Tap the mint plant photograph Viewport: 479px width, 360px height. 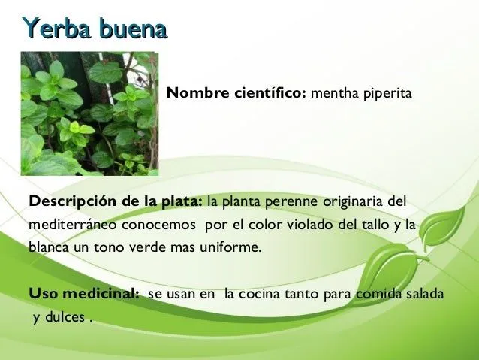[x=89, y=113]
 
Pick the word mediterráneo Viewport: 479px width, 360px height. [x=66, y=225]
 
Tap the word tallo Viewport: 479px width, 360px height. [x=365, y=225]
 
